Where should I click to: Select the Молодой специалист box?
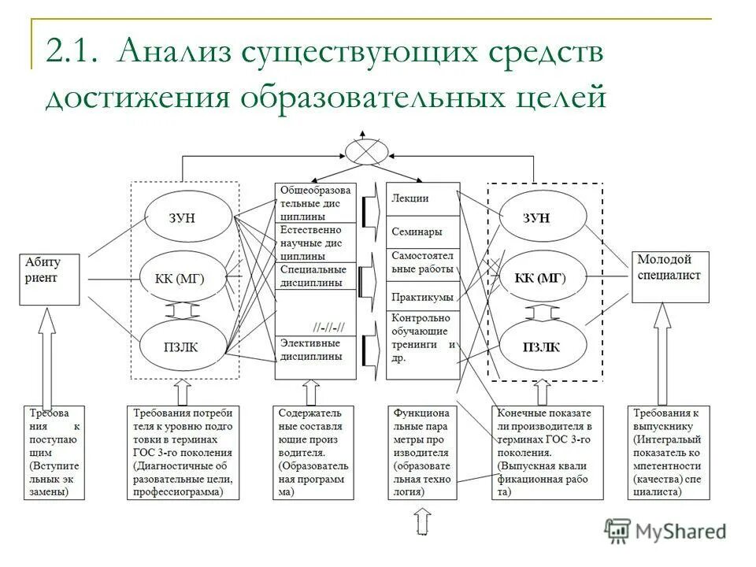(671, 276)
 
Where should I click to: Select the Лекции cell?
(423, 199)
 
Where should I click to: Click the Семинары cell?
(423, 232)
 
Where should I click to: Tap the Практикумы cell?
(423, 297)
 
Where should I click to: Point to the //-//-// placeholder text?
(333, 326)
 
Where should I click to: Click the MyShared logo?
(666, 531)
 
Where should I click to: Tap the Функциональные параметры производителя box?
(423, 452)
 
